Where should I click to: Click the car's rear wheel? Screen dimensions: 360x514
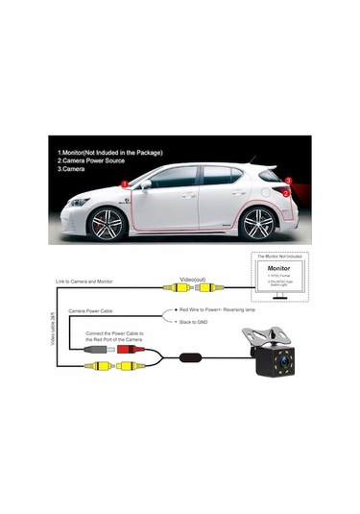pyautogui.click(x=257, y=226)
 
